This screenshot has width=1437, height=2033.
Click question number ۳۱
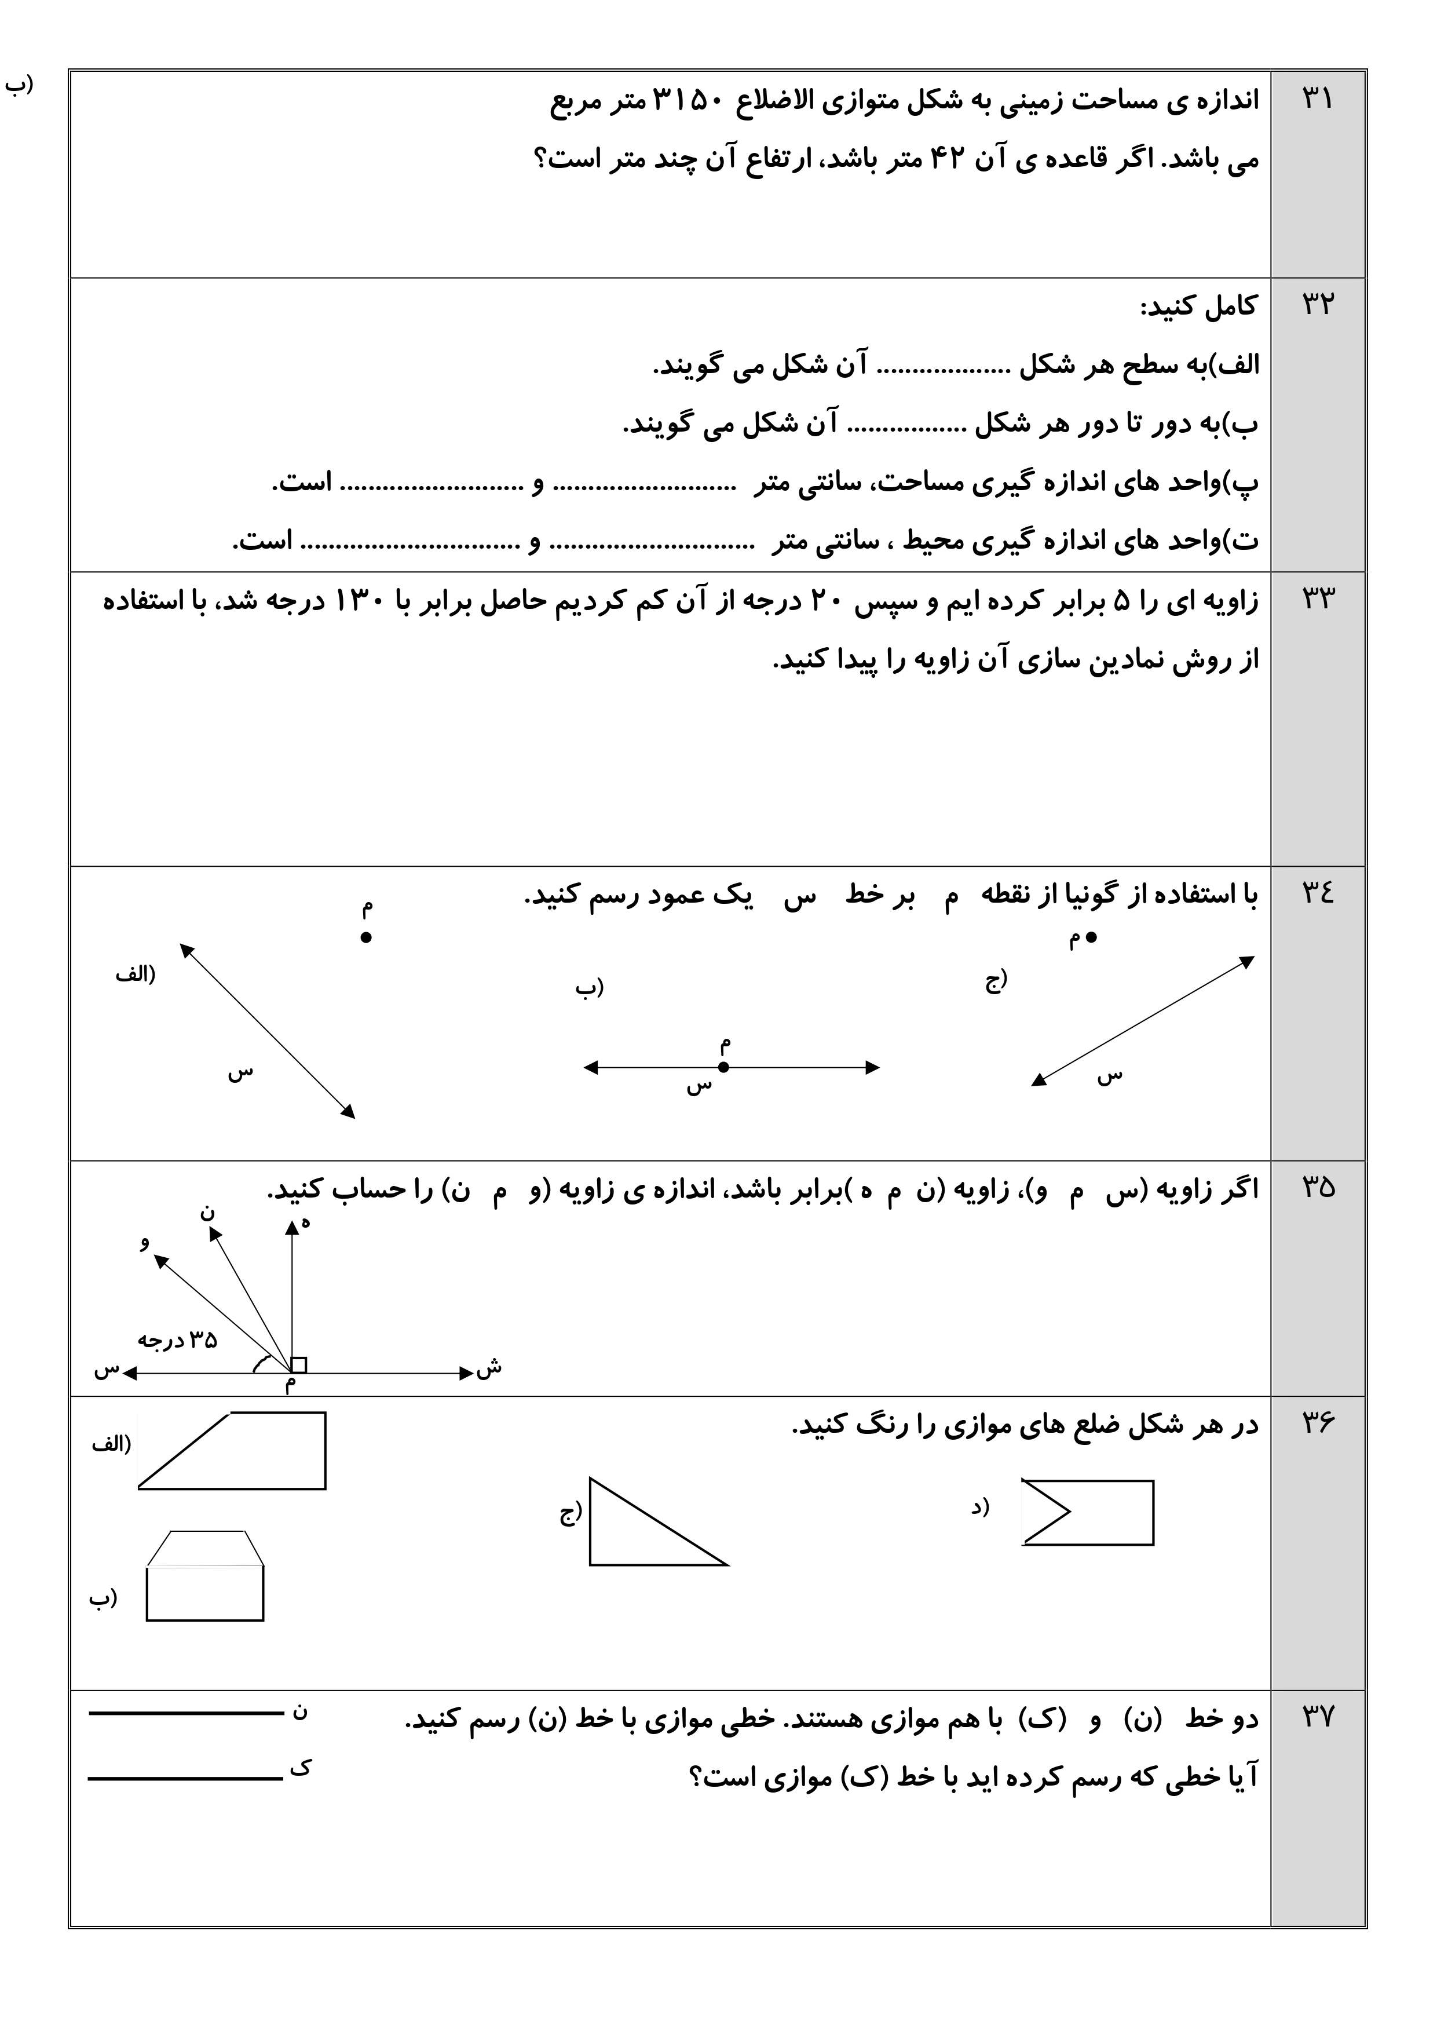click(x=1317, y=98)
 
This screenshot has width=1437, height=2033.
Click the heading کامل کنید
click(x=1197, y=307)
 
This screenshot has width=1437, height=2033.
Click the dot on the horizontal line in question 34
click(x=723, y=1067)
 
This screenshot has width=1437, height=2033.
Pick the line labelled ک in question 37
click(x=186, y=1778)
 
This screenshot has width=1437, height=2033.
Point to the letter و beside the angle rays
click(x=144, y=1242)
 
